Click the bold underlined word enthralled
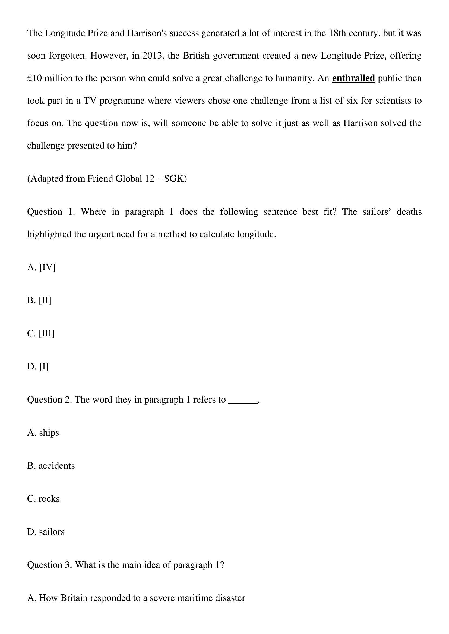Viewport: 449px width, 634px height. pos(353,78)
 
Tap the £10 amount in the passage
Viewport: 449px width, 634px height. pos(34,78)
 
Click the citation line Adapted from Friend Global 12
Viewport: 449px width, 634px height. pos(107,179)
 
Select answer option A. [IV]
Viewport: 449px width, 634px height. pos(42,267)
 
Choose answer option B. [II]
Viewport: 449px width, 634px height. pos(39,300)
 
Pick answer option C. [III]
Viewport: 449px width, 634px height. pos(41,334)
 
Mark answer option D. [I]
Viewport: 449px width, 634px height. pos(38,367)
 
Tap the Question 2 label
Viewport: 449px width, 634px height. pos(49,400)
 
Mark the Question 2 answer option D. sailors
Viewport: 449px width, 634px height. pos(46,532)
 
